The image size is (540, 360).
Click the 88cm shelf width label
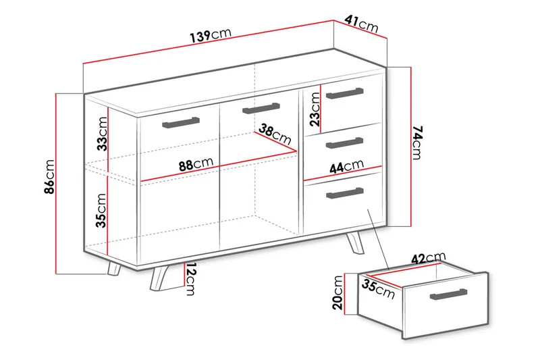pos(196,164)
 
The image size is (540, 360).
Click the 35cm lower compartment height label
pos(101,210)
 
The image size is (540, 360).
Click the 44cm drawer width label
pos(347,166)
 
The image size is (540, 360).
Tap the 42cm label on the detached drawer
pos(428,258)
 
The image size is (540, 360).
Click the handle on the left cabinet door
pos(181,122)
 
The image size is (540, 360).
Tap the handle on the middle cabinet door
pos(261,107)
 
